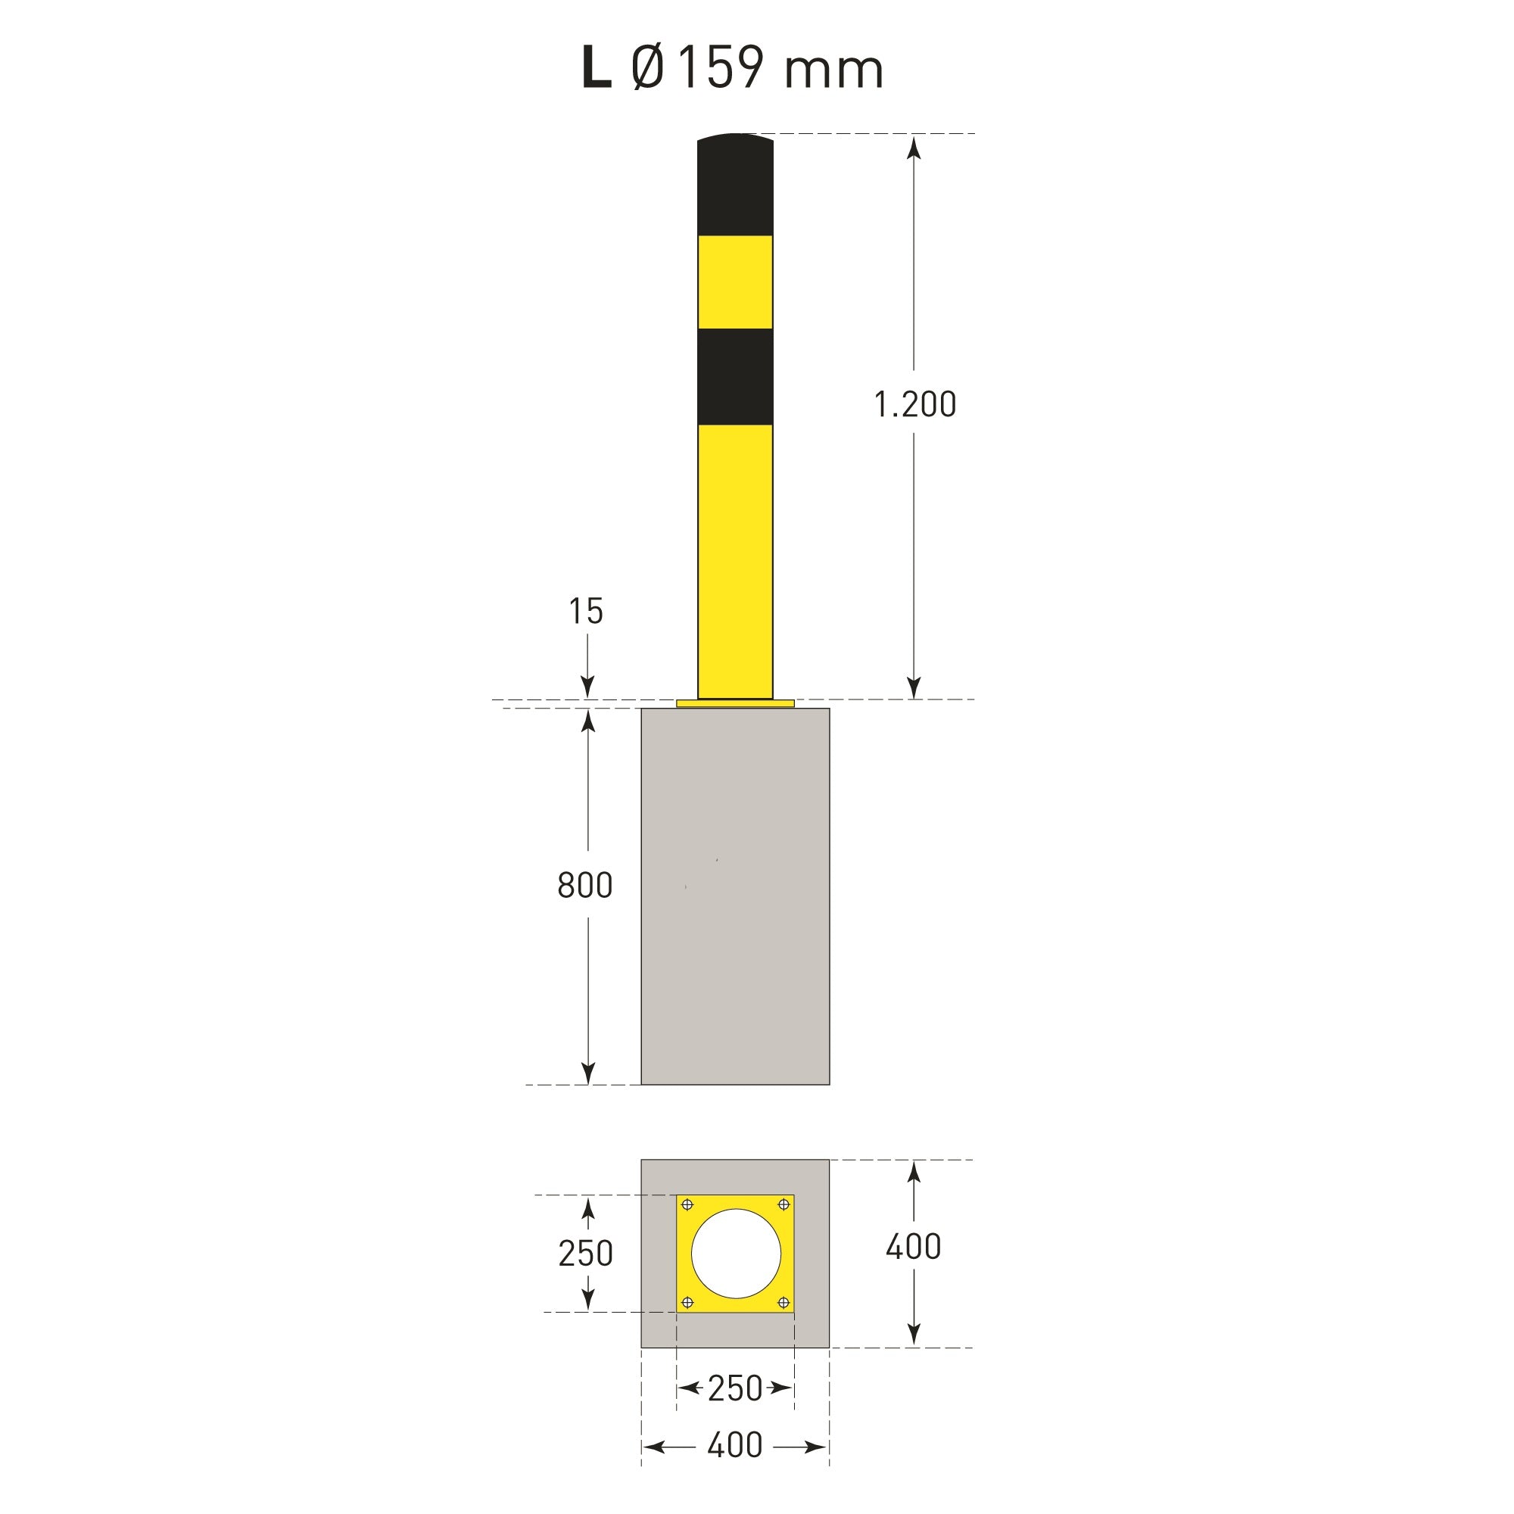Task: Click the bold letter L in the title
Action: tap(597, 68)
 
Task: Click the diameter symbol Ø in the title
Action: tap(647, 68)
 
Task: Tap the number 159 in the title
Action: tap(719, 68)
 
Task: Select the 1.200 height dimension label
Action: tap(914, 405)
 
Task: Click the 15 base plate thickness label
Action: tap(585, 612)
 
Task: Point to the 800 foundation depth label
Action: tap(584, 886)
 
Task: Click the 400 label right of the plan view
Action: tap(913, 1247)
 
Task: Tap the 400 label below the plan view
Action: tap(734, 1446)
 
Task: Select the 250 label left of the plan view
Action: tap(585, 1254)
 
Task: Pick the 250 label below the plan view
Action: tap(734, 1388)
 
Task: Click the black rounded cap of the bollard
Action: tap(735, 184)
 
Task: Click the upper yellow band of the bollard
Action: tap(735, 282)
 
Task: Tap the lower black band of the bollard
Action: tap(735, 377)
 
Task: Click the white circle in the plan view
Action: tap(736, 1254)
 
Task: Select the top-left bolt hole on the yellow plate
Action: tap(688, 1205)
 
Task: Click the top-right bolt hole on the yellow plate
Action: tap(783, 1204)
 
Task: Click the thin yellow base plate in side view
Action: tap(735, 704)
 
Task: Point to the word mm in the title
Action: tap(833, 71)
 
